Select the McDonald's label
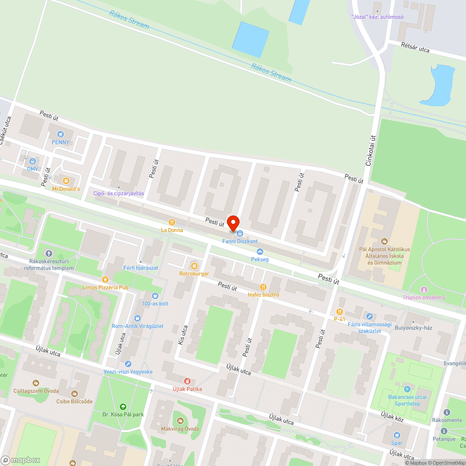[66, 189]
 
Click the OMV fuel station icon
[32, 161]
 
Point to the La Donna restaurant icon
[172, 223]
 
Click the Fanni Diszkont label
[240, 241]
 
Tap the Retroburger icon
[194, 266]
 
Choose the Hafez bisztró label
[263, 295]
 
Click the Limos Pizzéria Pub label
[105, 288]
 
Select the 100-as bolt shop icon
[155, 295]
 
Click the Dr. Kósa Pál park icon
[123, 406]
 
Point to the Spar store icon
[397, 435]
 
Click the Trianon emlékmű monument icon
[424, 290]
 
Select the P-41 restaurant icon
[339, 311]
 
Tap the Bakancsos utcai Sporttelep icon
[408, 389]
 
